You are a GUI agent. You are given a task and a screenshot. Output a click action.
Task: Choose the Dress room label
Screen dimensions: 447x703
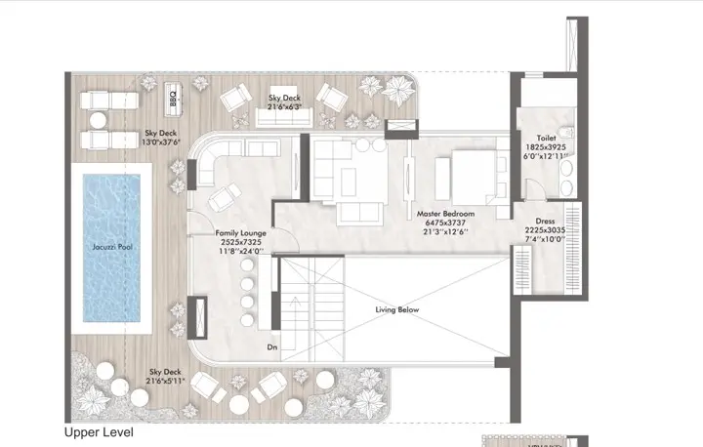[x=547, y=221]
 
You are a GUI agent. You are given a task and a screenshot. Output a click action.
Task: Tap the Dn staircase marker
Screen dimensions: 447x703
[x=272, y=346]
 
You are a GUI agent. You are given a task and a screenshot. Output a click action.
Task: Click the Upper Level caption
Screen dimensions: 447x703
[x=99, y=431]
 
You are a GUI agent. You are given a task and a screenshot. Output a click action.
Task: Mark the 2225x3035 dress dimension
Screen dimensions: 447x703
[x=547, y=230]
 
